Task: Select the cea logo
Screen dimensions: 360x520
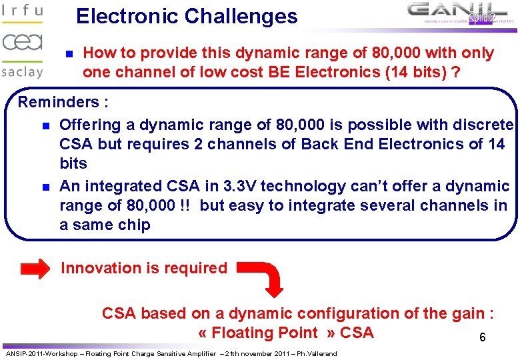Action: (x=22, y=43)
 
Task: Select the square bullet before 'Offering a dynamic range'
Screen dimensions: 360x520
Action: (x=45, y=125)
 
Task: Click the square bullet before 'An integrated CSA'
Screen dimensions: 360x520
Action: (x=45, y=187)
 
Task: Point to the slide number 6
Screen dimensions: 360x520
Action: (x=482, y=338)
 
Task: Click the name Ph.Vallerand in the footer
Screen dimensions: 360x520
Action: (x=316, y=353)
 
